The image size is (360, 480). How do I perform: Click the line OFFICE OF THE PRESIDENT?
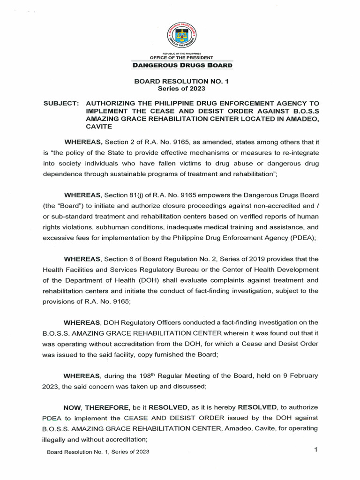[181, 58]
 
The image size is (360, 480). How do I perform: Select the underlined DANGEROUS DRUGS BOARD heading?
[181, 66]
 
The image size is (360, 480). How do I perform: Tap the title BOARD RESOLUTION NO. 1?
[181, 81]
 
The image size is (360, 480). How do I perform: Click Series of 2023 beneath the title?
[181, 88]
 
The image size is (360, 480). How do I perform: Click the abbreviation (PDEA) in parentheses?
[291, 238]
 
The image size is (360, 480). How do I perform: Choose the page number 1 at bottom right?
[316, 450]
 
